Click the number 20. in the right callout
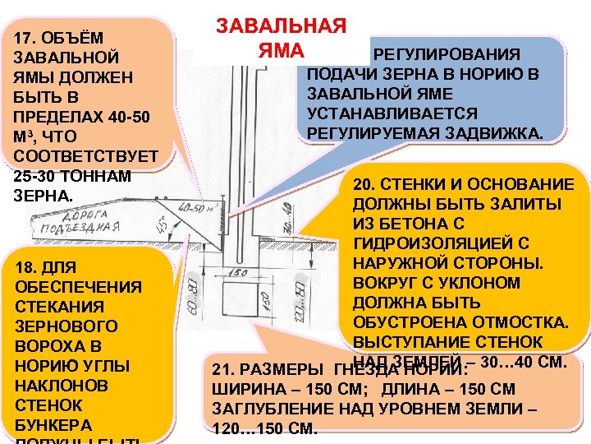pyautogui.click(x=366, y=184)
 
